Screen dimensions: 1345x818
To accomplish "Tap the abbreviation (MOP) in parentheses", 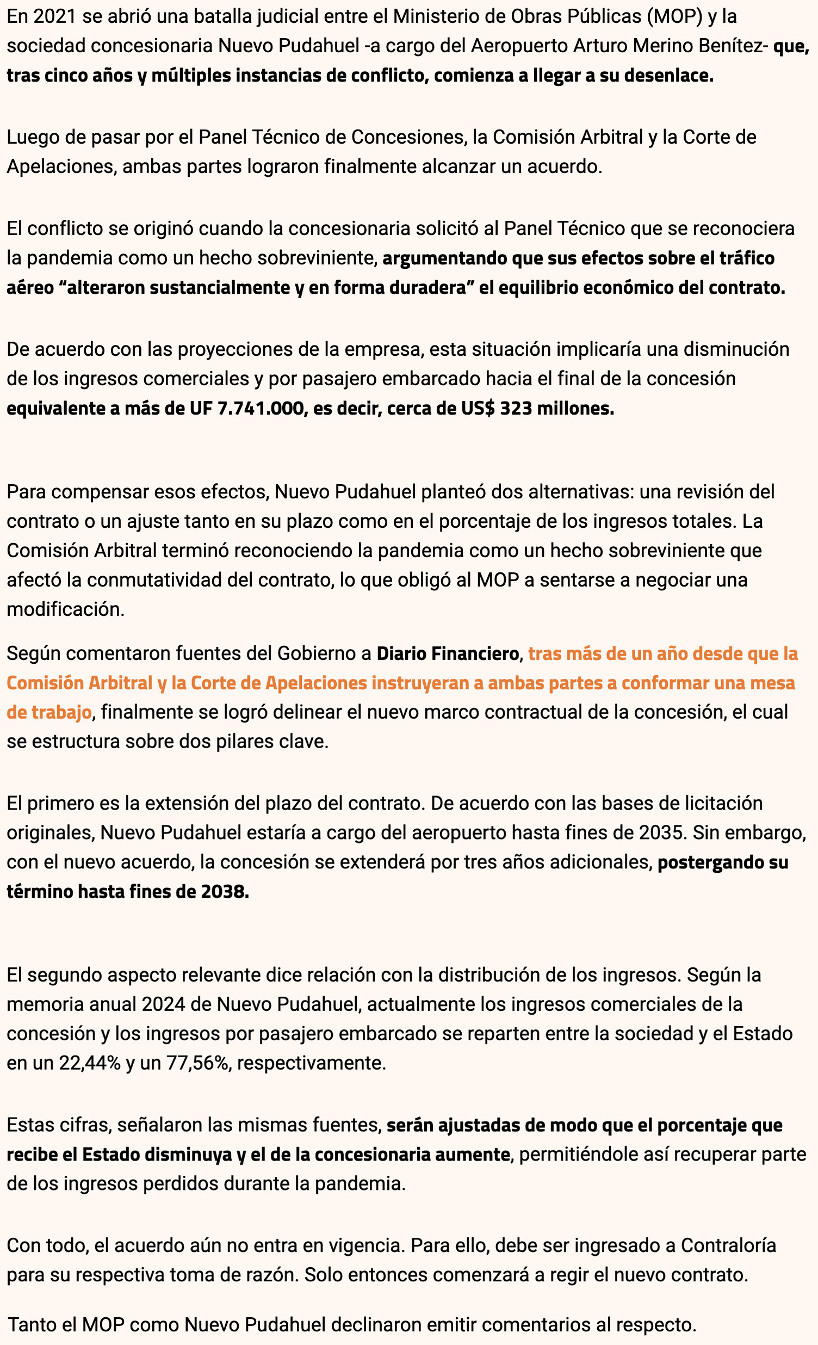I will coord(674,17).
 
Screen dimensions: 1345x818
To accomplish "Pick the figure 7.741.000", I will coord(261,408).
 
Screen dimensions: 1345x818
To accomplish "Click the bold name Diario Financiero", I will coord(448,653).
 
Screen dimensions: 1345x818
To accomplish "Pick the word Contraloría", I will coord(728,1245).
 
